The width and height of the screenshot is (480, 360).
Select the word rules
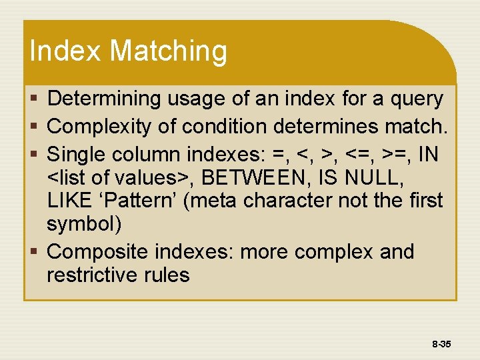pyautogui.click(x=169, y=275)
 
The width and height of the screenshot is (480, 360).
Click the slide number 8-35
pyautogui.click(x=441, y=344)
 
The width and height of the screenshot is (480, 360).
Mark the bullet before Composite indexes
pyautogui.click(x=36, y=252)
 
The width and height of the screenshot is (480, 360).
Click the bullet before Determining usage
pyautogui.click(x=36, y=99)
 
